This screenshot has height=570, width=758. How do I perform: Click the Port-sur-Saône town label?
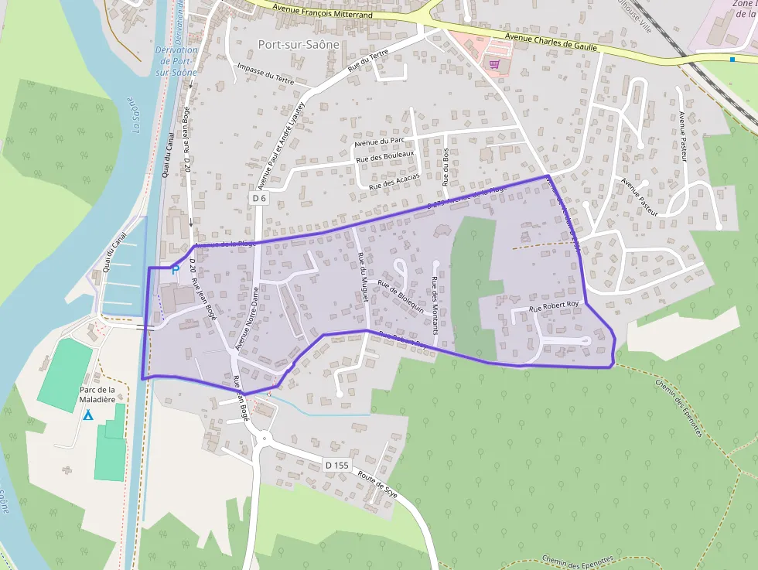click(299, 45)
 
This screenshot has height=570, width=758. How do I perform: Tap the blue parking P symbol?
click(175, 269)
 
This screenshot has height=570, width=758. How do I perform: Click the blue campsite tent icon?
click(88, 415)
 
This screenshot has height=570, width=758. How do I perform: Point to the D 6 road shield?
click(259, 198)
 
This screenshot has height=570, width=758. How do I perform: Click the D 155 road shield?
click(337, 465)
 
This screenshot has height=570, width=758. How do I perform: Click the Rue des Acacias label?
click(394, 181)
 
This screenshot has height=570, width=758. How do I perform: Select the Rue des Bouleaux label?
click(385, 156)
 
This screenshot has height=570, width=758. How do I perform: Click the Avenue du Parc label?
click(380, 138)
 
